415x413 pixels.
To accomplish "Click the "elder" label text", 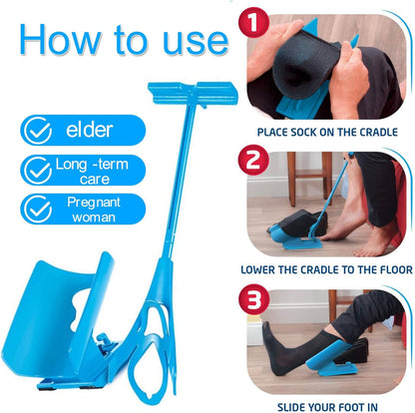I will [90, 130].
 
